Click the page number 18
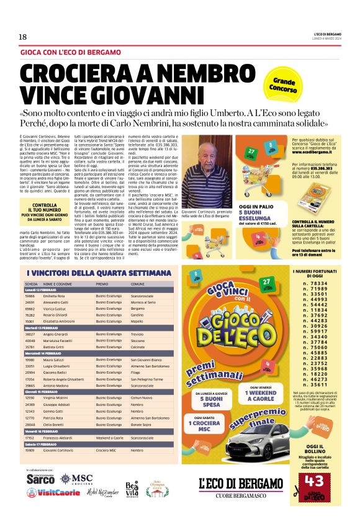[x=23, y=37]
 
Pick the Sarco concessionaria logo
[x=42, y=479]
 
